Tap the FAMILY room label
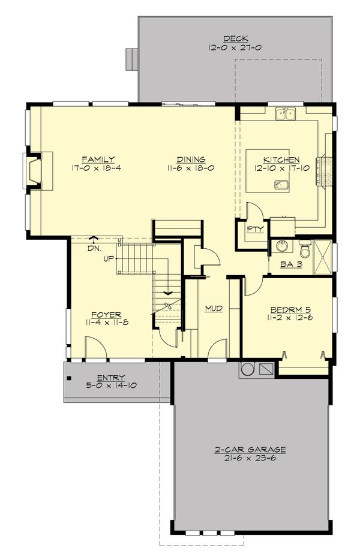point(98,159)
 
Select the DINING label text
point(191,159)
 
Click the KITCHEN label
point(281,160)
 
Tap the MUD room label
point(214,308)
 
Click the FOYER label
point(106,314)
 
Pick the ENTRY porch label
point(110,377)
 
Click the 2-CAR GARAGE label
point(250,449)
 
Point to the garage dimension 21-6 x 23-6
point(250,457)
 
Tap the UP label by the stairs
point(109,258)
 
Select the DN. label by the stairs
point(94,248)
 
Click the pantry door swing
point(254,212)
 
